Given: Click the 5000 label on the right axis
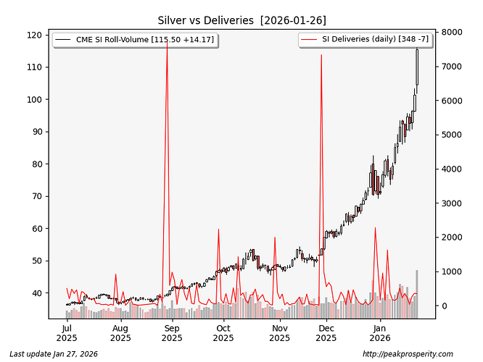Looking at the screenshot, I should click(x=451, y=135).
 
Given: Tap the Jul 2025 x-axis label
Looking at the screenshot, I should click(x=67, y=332).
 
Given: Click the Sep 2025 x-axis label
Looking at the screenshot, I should click(x=171, y=332).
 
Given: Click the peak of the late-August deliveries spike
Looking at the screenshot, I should click(x=168, y=42).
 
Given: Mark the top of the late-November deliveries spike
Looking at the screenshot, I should click(x=321, y=55).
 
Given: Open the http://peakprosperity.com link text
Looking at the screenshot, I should click(x=407, y=353).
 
